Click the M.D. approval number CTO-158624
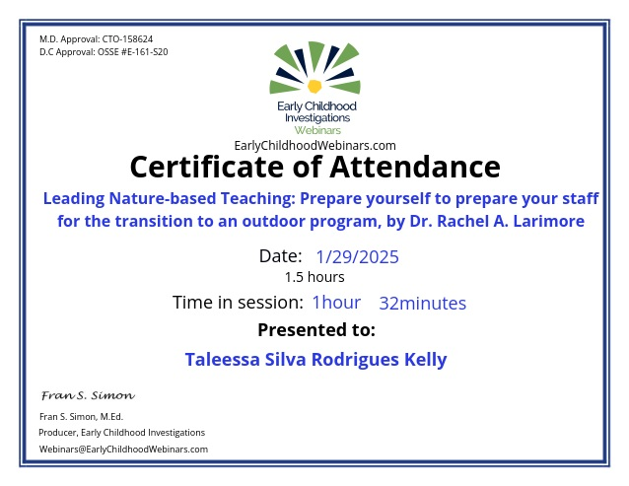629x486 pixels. click(x=127, y=39)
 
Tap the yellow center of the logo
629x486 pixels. click(x=314, y=86)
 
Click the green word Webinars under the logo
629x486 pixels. click(x=317, y=130)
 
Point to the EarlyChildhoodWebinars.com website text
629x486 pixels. click(x=314, y=145)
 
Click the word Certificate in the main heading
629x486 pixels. click(x=207, y=167)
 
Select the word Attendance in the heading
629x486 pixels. click(x=415, y=167)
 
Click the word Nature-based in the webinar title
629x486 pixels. click(x=163, y=198)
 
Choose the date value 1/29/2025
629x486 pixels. click(x=358, y=257)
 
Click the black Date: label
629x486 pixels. click(x=280, y=256)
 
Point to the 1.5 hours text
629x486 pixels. click(x=314, y=277)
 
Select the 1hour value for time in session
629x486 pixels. click(x=336, y=303)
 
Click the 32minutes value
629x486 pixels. click(x=422, y=304)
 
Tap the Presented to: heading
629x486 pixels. click(x=316, y=330)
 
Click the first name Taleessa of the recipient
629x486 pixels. click(x=222, y=359)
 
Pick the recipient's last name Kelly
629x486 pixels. click(x=425, y=359)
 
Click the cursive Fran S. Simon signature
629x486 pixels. click(x=89, y=395)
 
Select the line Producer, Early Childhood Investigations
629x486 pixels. click(x=122, y=433)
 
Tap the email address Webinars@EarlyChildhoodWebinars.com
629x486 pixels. click(x=123, y=450)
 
